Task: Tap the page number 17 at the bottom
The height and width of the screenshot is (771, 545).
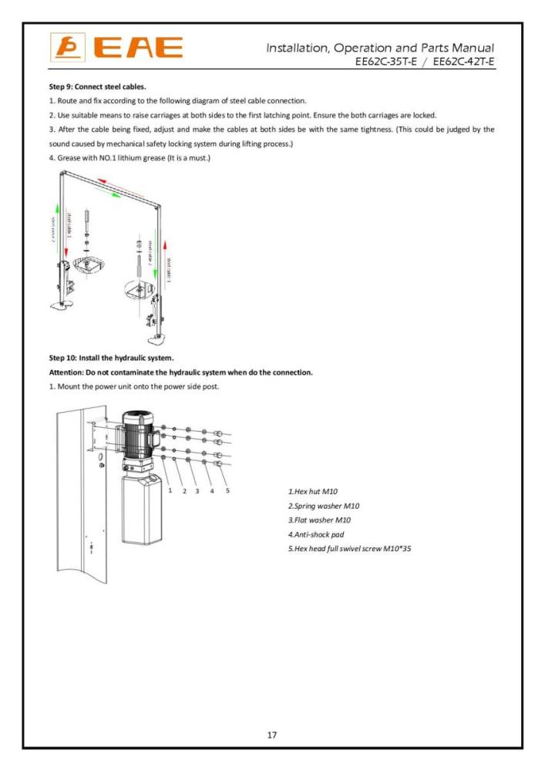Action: point(272,735)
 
